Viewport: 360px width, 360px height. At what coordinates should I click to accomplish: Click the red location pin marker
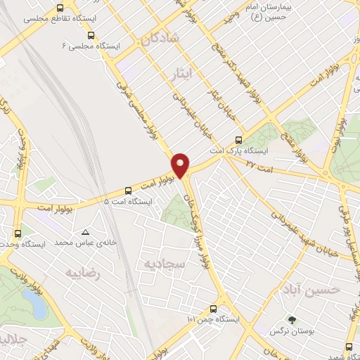coord(181,165)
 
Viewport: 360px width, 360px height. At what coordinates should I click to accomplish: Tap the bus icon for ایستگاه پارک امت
coord(239,139)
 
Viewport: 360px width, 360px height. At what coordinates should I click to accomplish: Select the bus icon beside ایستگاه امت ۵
coord(128,191)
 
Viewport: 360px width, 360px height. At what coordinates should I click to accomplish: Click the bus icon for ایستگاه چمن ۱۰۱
coord(213,308)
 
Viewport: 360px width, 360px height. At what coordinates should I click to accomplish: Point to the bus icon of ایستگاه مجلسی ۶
coord(90,34)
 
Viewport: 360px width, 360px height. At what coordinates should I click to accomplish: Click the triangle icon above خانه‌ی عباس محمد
coord(85,232)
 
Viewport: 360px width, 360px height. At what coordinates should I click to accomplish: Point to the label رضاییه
coord(82,271)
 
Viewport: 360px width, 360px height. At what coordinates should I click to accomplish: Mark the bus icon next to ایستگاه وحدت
coord(16,233)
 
